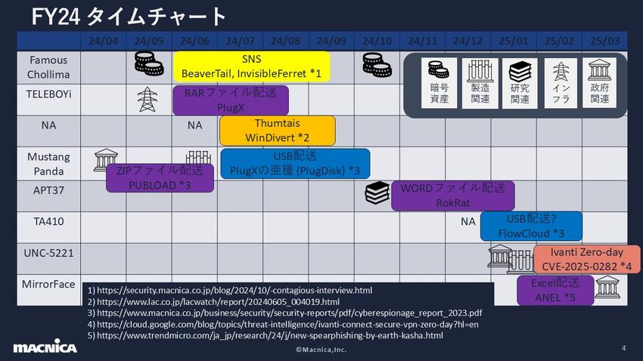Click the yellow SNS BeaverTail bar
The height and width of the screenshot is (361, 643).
coord(252,66)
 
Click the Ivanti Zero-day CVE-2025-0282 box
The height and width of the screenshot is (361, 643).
coord(586,259)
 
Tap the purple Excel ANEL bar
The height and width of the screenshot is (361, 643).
coord(555,290)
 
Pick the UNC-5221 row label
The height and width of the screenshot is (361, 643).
coord(48,254)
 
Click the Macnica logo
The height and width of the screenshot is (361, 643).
coord(45,347)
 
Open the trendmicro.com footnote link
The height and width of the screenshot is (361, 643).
coord(265,335)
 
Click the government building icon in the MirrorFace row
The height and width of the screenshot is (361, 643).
coord(607,286)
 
